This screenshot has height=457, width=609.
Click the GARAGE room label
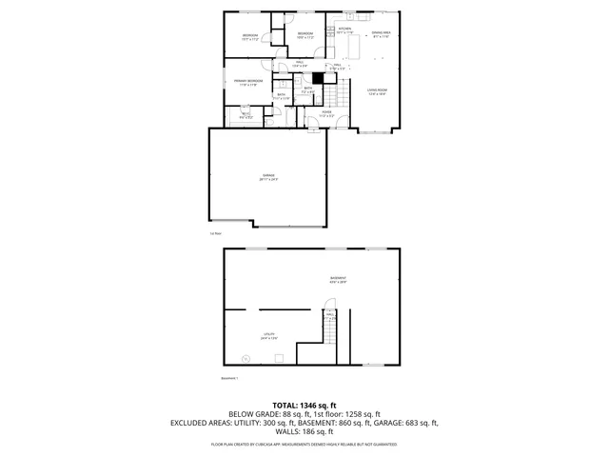(267, 176)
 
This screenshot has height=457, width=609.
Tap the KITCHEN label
(344, 30)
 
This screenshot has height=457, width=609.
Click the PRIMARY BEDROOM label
(248, 82)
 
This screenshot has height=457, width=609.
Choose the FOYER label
(325, 112)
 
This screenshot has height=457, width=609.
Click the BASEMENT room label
(338, 279)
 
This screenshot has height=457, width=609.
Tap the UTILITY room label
(269, 334)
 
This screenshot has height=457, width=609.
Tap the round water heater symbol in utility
(246, 358)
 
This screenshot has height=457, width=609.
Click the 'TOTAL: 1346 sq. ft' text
(304, 406)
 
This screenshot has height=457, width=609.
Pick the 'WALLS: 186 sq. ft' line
(304, 431)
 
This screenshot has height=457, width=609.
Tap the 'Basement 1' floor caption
(229, 377)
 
